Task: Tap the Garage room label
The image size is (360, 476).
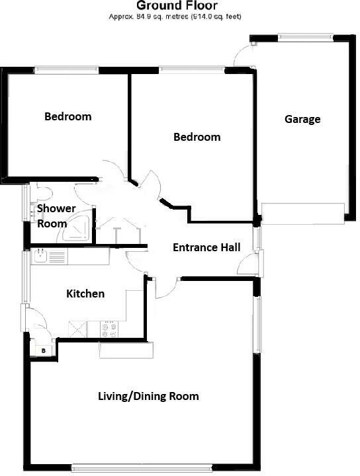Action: [x=302, y=120]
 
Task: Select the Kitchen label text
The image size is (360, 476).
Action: [x=85, y=294]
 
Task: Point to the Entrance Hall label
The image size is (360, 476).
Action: [x=206, y=248]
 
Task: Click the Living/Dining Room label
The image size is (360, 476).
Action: [x=148, y=397]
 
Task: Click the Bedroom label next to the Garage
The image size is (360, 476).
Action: [x=197, y=138]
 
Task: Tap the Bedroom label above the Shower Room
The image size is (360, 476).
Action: [x=67, y=117]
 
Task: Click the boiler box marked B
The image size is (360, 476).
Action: [x=44, y=349]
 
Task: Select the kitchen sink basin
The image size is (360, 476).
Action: [x=40, y=256]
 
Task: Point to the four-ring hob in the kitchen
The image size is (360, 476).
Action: [x=108, y=328]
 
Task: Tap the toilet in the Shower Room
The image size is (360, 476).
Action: [x=43, y=192]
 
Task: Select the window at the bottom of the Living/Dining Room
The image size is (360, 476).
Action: [x=142, y=469]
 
